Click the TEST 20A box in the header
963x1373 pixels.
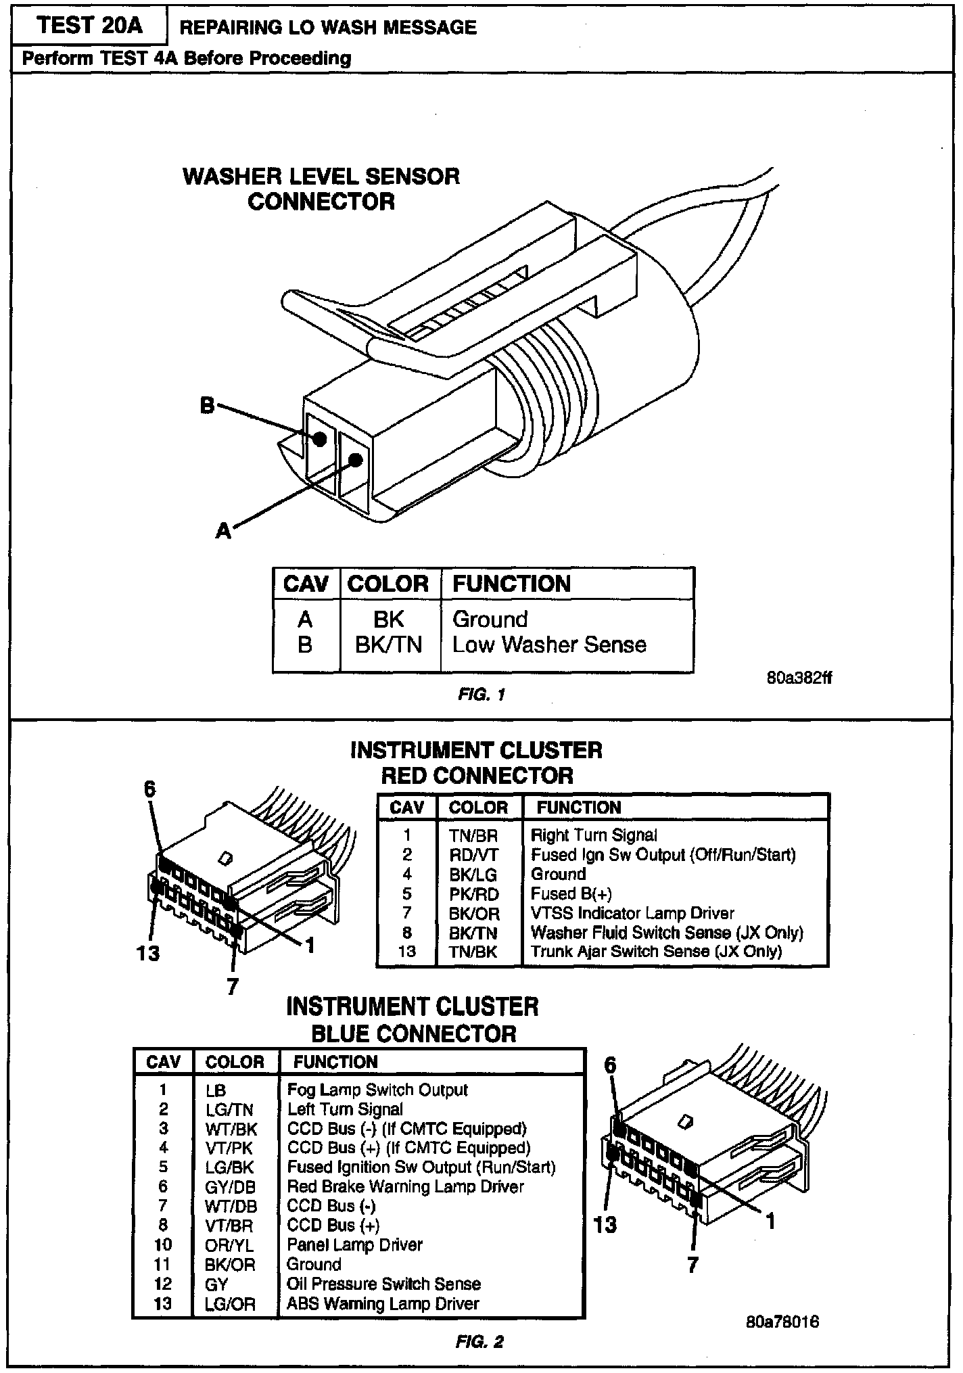90,26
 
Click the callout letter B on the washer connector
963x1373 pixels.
207,405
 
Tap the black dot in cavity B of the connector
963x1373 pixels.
320,439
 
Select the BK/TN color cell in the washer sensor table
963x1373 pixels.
388,645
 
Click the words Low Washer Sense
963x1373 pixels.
549,645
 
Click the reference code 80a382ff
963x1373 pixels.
799,677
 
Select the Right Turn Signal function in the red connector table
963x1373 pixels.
594,835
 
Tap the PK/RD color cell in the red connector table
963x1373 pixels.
473,894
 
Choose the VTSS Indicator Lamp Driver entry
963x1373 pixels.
632,914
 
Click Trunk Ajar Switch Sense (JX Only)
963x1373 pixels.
656,952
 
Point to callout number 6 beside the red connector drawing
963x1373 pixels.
149,789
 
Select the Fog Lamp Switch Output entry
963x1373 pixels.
377,1090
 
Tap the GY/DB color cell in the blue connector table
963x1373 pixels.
231,1187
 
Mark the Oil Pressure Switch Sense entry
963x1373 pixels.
383,1284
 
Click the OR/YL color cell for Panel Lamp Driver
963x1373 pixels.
231,1245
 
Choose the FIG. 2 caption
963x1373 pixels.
479,1343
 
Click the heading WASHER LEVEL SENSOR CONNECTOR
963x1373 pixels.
321,189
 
